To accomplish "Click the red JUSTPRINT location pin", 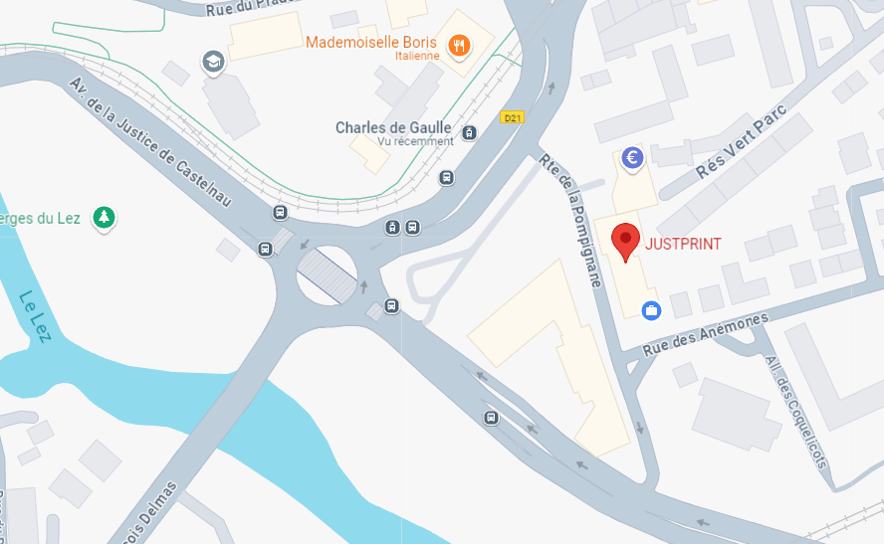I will click(625, 241).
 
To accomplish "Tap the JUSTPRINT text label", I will click(683, 244).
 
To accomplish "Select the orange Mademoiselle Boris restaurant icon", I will click(459, 44).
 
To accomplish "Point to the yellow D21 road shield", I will click(513, 117).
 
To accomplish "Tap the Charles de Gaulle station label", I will click(393, 127).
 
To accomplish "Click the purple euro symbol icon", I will click(631, 157).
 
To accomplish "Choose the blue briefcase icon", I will click(651, 310).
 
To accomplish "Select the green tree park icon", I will click(103, 217).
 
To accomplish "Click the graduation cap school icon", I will click(212, 62).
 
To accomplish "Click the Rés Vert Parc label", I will click(741, 141).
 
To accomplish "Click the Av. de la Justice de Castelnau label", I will click(149, 142).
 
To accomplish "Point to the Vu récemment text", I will click(415, 141).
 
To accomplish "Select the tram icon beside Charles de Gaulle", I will click(470, 131).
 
